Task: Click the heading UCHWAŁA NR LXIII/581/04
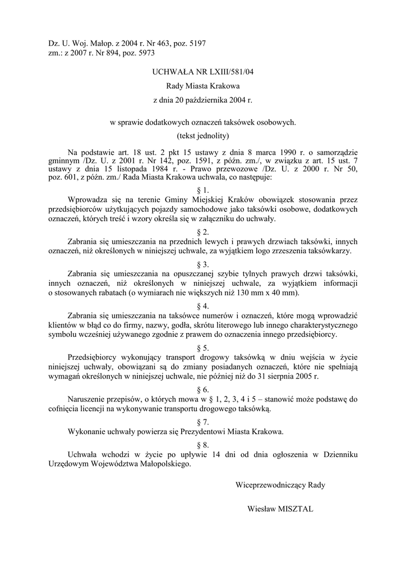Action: click(203, 71)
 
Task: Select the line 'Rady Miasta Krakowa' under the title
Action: click(203, 86)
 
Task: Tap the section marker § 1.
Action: click(203, 190)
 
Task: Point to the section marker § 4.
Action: click(203, 306)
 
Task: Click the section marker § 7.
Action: click(203, 422)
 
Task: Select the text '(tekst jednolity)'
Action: click(203, 135)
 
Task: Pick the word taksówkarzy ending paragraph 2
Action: click(333, 251)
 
